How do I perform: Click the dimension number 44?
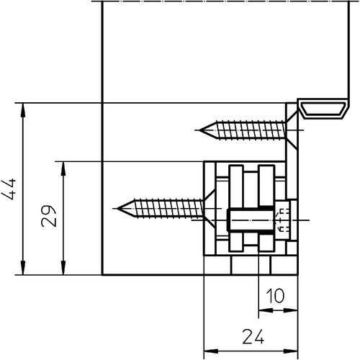9,189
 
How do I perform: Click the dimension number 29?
49,216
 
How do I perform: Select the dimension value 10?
275,296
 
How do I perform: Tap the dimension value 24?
253,336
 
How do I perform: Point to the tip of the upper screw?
200,130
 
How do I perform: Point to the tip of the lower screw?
117,208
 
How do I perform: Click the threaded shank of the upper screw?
251,130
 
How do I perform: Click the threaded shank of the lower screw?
168,208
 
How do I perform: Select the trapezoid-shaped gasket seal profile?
323,109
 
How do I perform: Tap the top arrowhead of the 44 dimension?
23,110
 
